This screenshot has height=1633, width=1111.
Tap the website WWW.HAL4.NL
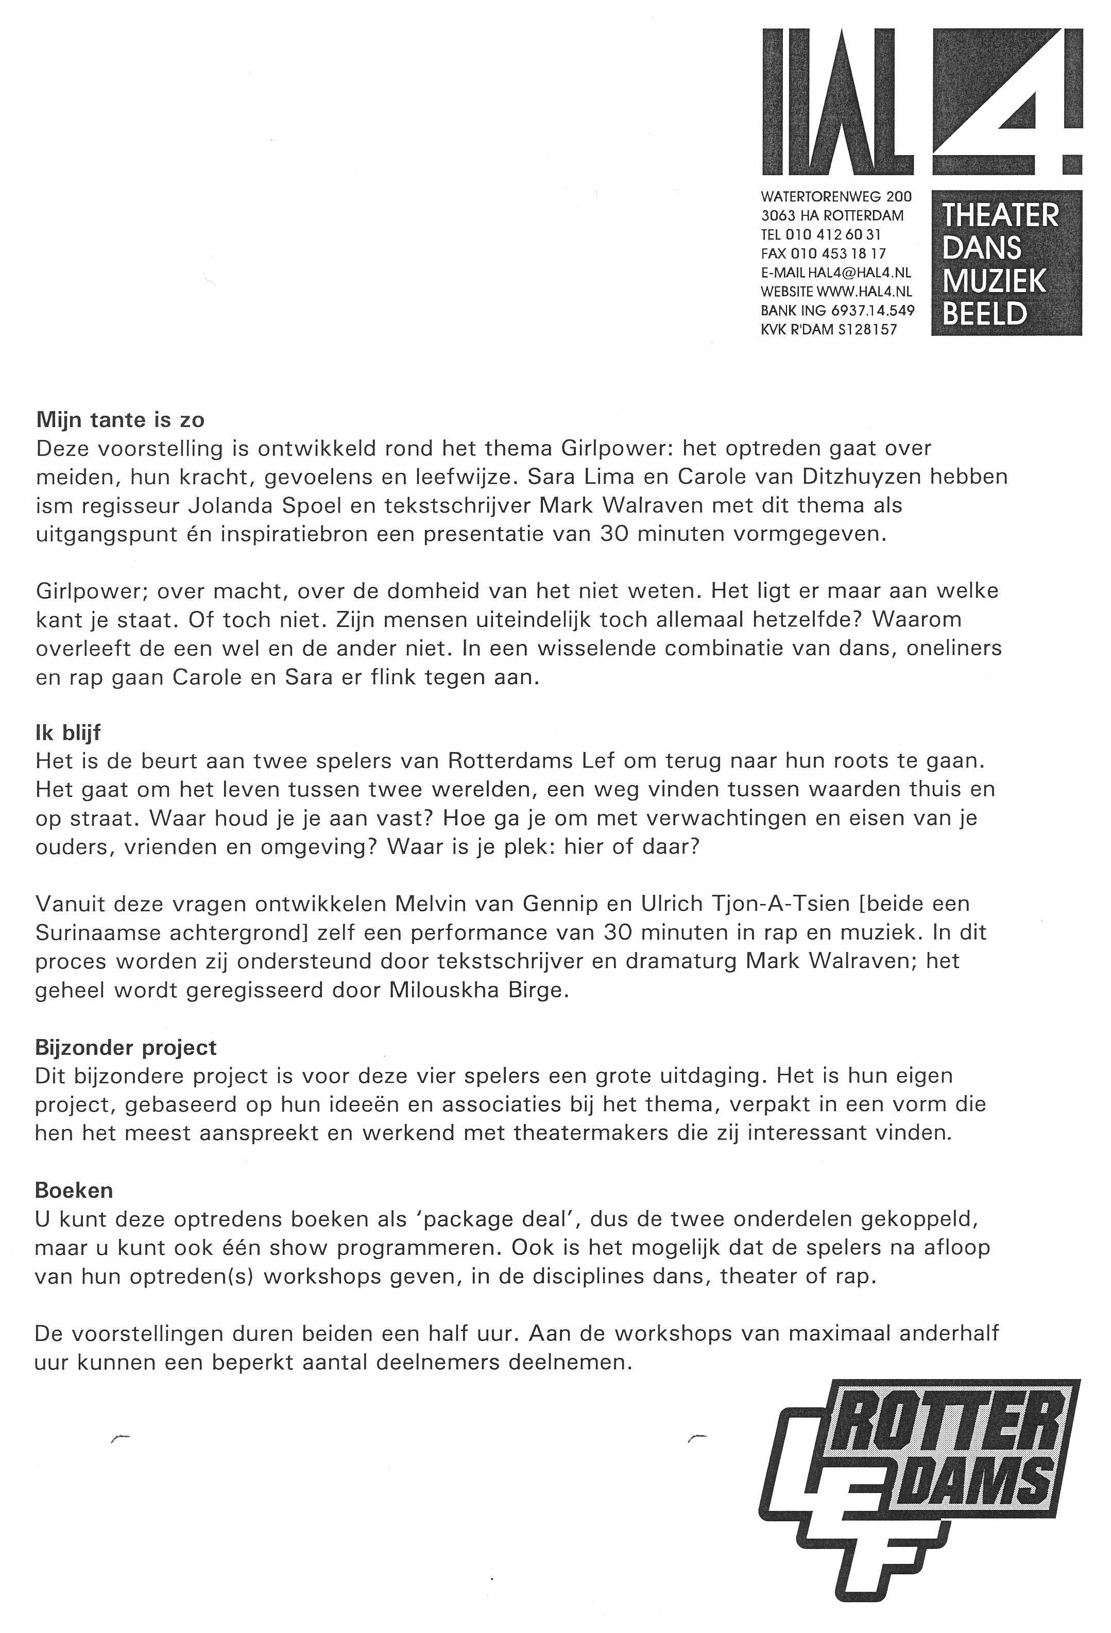[x=864, y=292]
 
